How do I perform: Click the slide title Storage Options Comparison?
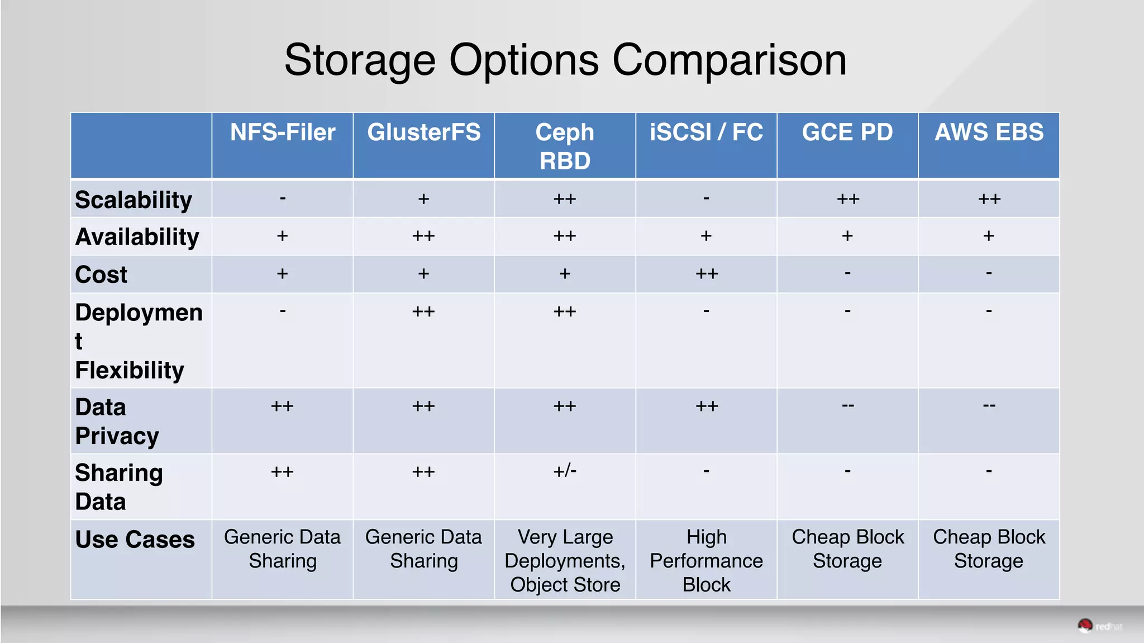(565, 60)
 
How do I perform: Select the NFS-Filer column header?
(283, 133)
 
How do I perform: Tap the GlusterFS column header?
(423, 133)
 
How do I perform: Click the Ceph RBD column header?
(565, 146)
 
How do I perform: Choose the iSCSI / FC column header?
(706, 133)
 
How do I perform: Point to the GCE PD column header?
(847, 133)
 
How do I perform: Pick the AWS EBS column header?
(989, 133)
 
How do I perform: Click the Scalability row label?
(134, 200)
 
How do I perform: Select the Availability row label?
(137, 237)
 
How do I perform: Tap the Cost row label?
(101, 275)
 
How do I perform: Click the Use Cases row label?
(135, 540)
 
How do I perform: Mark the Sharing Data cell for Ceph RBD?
(565, 471)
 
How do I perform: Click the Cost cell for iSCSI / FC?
(707, 274)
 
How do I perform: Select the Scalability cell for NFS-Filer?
(283, 198)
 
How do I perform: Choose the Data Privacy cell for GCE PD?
(847, 406)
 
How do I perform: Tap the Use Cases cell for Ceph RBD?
(565, 560)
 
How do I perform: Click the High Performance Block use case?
(706, 560)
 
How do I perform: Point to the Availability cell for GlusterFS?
(423, 237)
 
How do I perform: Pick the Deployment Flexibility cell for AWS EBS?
(989, 311)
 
